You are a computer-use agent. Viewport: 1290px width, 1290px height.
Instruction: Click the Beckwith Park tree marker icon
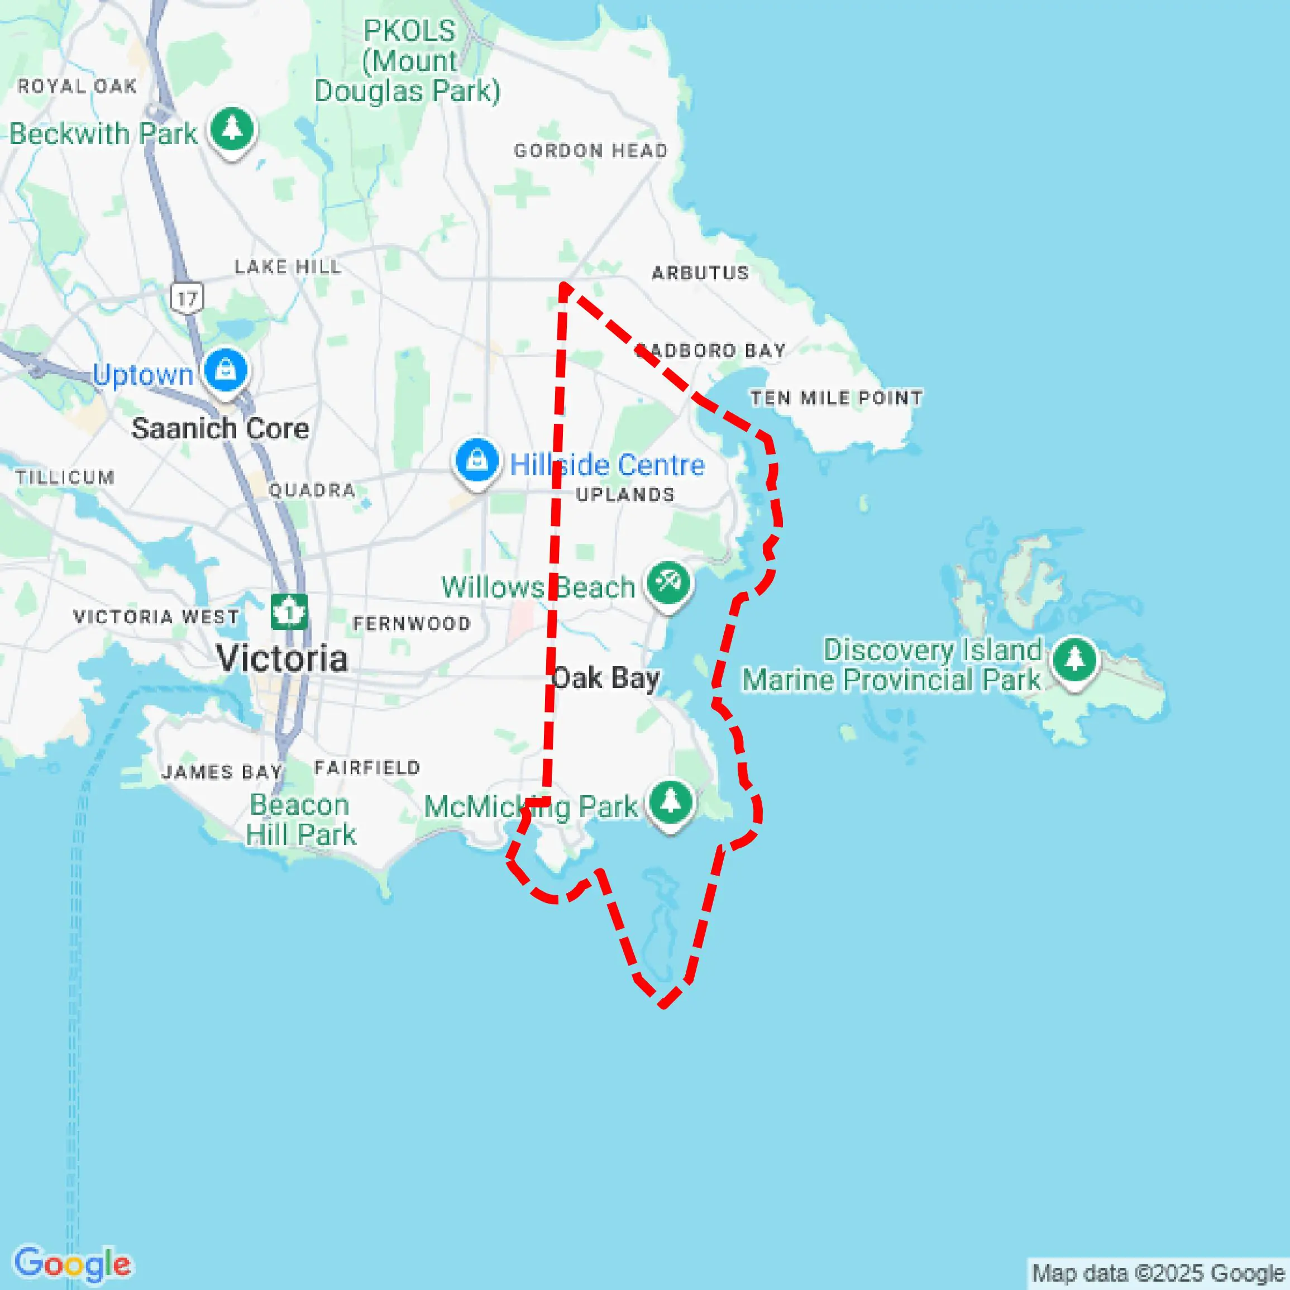coord(232,129)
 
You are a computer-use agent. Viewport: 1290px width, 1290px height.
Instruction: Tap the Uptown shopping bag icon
coord(226,370)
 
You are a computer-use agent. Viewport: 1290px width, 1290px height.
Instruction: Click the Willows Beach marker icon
coord(668,584)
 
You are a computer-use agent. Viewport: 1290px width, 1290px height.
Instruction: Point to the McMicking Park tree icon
coord(671,802)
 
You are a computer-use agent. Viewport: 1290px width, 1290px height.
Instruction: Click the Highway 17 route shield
coord(187,298)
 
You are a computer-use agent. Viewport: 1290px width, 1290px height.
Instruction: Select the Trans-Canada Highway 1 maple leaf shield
coord(289,611)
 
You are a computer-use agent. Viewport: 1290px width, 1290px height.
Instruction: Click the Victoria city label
coord(282,659)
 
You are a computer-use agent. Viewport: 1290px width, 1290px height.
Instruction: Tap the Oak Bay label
coord(605,679)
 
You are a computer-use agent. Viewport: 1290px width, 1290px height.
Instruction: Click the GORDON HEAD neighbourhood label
coord(590,151)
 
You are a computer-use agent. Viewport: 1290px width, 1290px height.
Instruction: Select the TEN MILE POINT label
coord(836,399)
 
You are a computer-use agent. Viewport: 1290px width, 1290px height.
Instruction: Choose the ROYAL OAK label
coord(78,86)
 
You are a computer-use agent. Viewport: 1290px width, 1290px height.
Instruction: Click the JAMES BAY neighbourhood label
coord(222,772)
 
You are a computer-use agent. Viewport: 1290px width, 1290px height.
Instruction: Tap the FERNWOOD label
coord(412,624)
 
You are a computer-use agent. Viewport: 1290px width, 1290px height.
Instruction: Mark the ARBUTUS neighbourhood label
coord(700,273)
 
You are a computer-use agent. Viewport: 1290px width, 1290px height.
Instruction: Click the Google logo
coord(73,1263)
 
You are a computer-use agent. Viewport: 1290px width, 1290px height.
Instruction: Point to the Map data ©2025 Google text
coord(1158,1273)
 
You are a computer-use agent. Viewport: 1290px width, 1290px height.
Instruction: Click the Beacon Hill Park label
coord(300,820)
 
